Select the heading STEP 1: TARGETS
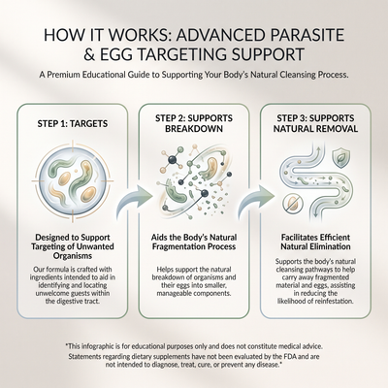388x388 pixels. [x=73, y=123]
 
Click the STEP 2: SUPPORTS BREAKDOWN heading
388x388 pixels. [x=194, y=123]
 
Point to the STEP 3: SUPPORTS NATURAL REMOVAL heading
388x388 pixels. [x=315, y=123]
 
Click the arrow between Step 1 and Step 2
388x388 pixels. [x=134, y=200]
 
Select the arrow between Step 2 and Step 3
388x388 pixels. [x=257, y=200]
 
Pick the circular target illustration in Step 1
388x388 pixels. [x=73, y=178]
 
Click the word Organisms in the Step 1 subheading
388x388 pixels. [x=73, y=256]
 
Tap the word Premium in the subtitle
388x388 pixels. [x=66, y=75]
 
